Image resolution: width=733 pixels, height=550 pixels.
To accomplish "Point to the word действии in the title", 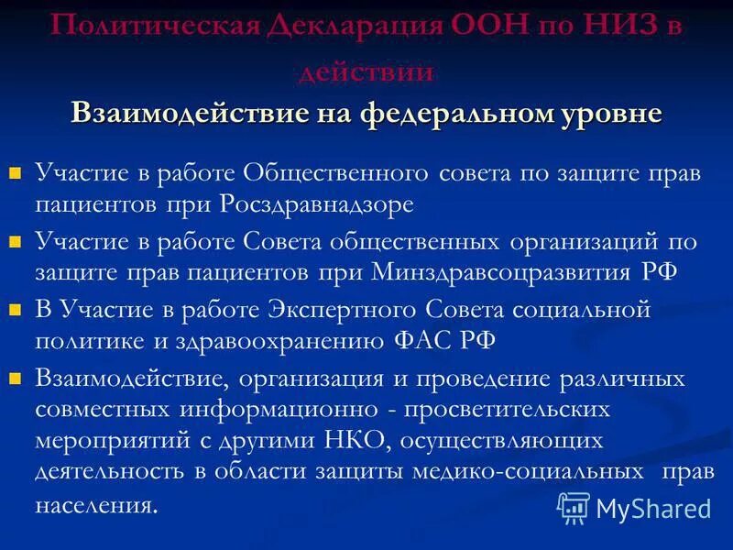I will (x=366, y=71).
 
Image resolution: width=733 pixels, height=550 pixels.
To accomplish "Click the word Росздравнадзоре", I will (x=317, y=203).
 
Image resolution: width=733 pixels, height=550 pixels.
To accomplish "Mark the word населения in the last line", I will (x=95, y=504).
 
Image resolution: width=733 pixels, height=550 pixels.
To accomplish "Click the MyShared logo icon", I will (x=574, y=507).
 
